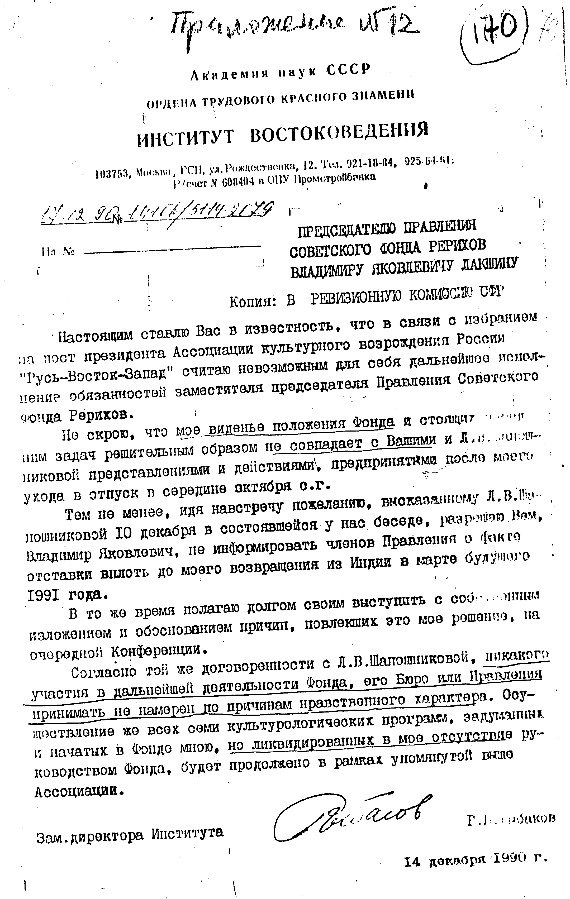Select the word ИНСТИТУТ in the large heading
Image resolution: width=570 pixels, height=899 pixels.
pyautogui.click(x=186, y=138)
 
